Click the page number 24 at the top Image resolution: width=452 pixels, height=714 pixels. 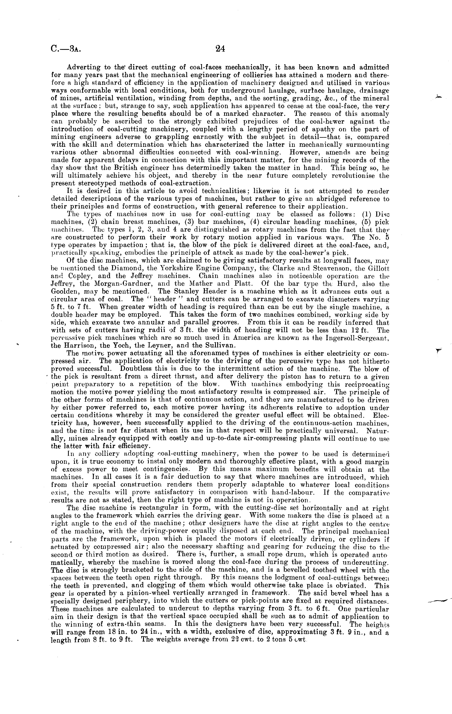[x=220, y=48]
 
